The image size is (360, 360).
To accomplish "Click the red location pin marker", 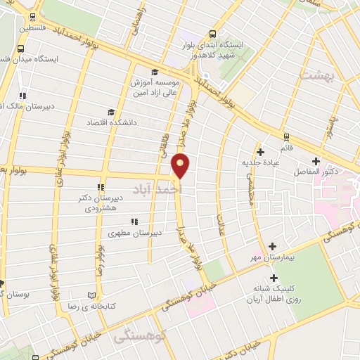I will [181, 165].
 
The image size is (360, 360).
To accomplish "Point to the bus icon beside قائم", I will [285, 137].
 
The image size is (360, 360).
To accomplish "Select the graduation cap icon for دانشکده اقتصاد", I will [110, 112].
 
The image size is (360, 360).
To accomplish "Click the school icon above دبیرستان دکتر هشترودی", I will [101, 187].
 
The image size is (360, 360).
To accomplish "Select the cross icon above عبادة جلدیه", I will [260, 152].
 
